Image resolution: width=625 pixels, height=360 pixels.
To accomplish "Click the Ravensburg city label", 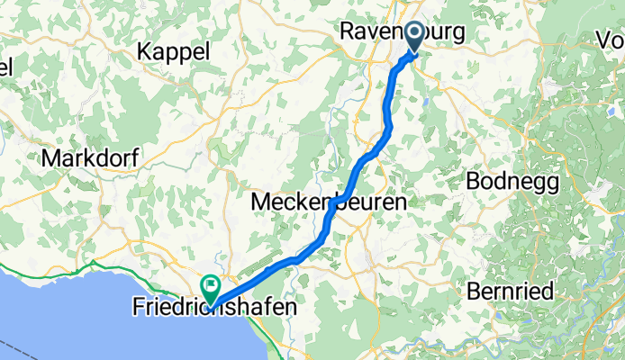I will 403,32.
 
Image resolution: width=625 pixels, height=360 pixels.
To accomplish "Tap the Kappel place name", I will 174,51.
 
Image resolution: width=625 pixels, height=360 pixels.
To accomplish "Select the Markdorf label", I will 89,158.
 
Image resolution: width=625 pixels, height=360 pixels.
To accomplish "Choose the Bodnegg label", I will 512,181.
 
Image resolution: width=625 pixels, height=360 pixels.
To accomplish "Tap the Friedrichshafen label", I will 215,308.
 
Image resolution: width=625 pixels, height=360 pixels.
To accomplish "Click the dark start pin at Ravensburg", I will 416,37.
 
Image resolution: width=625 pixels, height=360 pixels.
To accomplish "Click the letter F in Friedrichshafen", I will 139,308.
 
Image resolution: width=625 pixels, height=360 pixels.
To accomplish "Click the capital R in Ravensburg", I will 347,32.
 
